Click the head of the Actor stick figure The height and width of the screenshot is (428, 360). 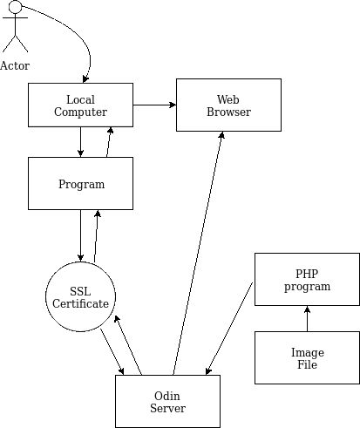pos(15,7)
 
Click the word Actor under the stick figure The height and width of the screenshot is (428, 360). pos(15,66)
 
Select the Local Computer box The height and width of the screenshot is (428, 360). pos(80,105)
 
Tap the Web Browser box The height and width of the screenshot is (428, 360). pos(228,105)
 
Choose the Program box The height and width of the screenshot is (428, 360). pos(80,183)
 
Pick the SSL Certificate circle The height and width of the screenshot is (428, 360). pos(80,296)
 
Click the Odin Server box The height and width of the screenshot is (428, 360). pos(167,401)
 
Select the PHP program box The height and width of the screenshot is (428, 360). pos(307,279)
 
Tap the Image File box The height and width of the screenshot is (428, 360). pos(307,357)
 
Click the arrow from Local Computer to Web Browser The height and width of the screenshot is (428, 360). pos(154,105)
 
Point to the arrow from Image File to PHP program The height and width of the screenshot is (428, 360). pos(307,318)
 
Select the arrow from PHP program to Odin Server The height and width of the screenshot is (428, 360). pos(229,329)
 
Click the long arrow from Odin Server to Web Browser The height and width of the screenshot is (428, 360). pos(198,253)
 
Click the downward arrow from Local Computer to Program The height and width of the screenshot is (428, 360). pos(80,142)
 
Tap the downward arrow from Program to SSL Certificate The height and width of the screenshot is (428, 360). pos(80,235)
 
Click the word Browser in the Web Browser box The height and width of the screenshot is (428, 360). pos(228,112)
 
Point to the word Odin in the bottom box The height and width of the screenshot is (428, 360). pos(167,396)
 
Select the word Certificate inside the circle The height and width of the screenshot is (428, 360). pos(80,303)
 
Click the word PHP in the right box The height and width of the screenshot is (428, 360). pos(307,274)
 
